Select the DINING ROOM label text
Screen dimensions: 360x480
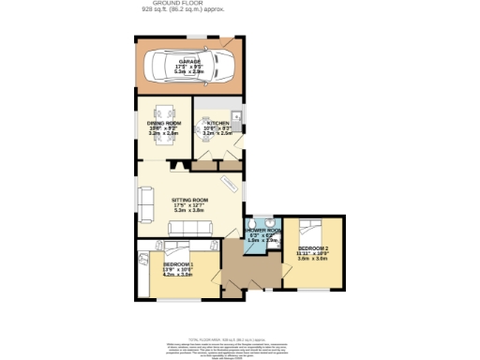click(163, 123)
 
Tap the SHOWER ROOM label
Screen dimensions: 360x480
click(262, 230)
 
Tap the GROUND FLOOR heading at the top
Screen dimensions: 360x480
click(173, 4)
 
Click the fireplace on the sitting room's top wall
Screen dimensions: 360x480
click(174, 165)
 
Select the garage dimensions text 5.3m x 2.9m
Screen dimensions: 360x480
click(190, 71)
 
